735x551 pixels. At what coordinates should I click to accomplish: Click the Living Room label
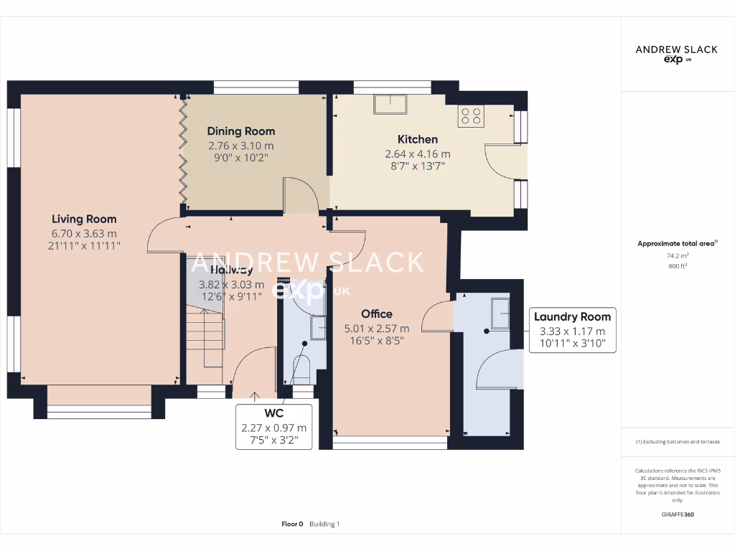point(84,219)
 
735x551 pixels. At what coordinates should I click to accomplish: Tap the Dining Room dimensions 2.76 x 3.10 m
point(241,146)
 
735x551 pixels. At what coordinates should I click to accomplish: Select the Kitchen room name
point(418,139)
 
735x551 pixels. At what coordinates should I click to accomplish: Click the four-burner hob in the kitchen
point(471,116)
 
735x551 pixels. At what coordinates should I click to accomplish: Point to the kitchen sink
point(390,105)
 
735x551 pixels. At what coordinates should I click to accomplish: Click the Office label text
point(377,314)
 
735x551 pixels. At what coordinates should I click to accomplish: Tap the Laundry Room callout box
point(572,331)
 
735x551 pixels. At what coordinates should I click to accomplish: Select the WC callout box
point(273,428)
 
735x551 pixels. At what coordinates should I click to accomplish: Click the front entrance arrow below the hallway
point(255,395)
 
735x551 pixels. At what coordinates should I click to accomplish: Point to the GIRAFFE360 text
point(677,514)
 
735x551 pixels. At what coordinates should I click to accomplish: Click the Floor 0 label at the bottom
point(293,524)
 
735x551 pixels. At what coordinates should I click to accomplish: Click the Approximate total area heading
point(667,244)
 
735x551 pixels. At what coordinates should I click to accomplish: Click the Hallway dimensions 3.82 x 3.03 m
point(231,284)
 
